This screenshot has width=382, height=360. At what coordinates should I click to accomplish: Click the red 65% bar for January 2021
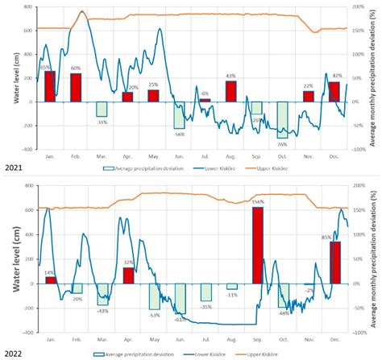pos(49,86)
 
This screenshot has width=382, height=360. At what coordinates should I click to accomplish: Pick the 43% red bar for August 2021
pos(231,91)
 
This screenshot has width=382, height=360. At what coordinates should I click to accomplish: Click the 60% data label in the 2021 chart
pos(75,68)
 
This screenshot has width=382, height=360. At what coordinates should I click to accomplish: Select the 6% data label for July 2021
pos(205,94)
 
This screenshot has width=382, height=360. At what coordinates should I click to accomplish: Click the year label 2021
pos(12,168)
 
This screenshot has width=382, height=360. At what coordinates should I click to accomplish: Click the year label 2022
pos(12,353)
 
